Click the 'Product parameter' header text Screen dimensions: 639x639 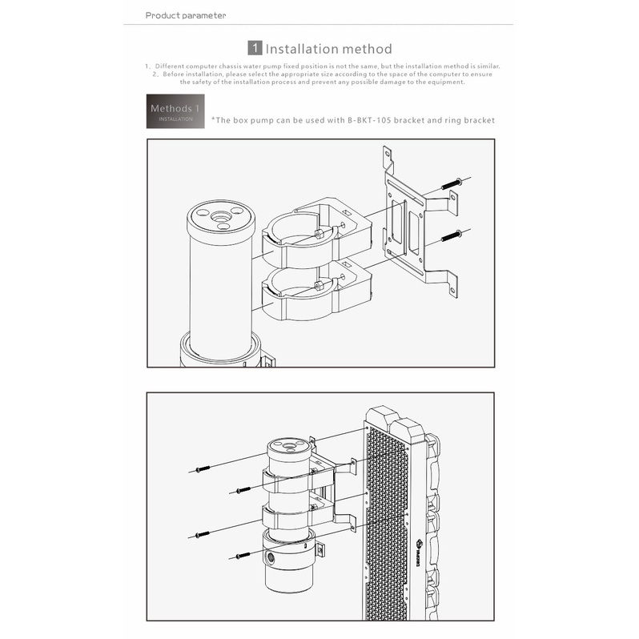point(186,15)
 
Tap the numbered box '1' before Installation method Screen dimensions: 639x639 point(255,48)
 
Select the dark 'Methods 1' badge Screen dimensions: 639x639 point(175,111)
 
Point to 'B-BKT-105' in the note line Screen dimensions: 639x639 point(369,120)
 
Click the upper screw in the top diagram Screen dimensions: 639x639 point(452,184)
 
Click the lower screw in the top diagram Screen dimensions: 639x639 point(452,235)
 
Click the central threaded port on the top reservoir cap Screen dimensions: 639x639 point(221,216)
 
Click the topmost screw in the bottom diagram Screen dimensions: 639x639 point(203,469)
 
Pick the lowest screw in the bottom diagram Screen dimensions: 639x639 point(243,555)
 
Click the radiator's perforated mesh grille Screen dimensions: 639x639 point(387,526)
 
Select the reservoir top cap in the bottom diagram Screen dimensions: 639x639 point(290,449)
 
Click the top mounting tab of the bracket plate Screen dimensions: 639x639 point(388,158)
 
